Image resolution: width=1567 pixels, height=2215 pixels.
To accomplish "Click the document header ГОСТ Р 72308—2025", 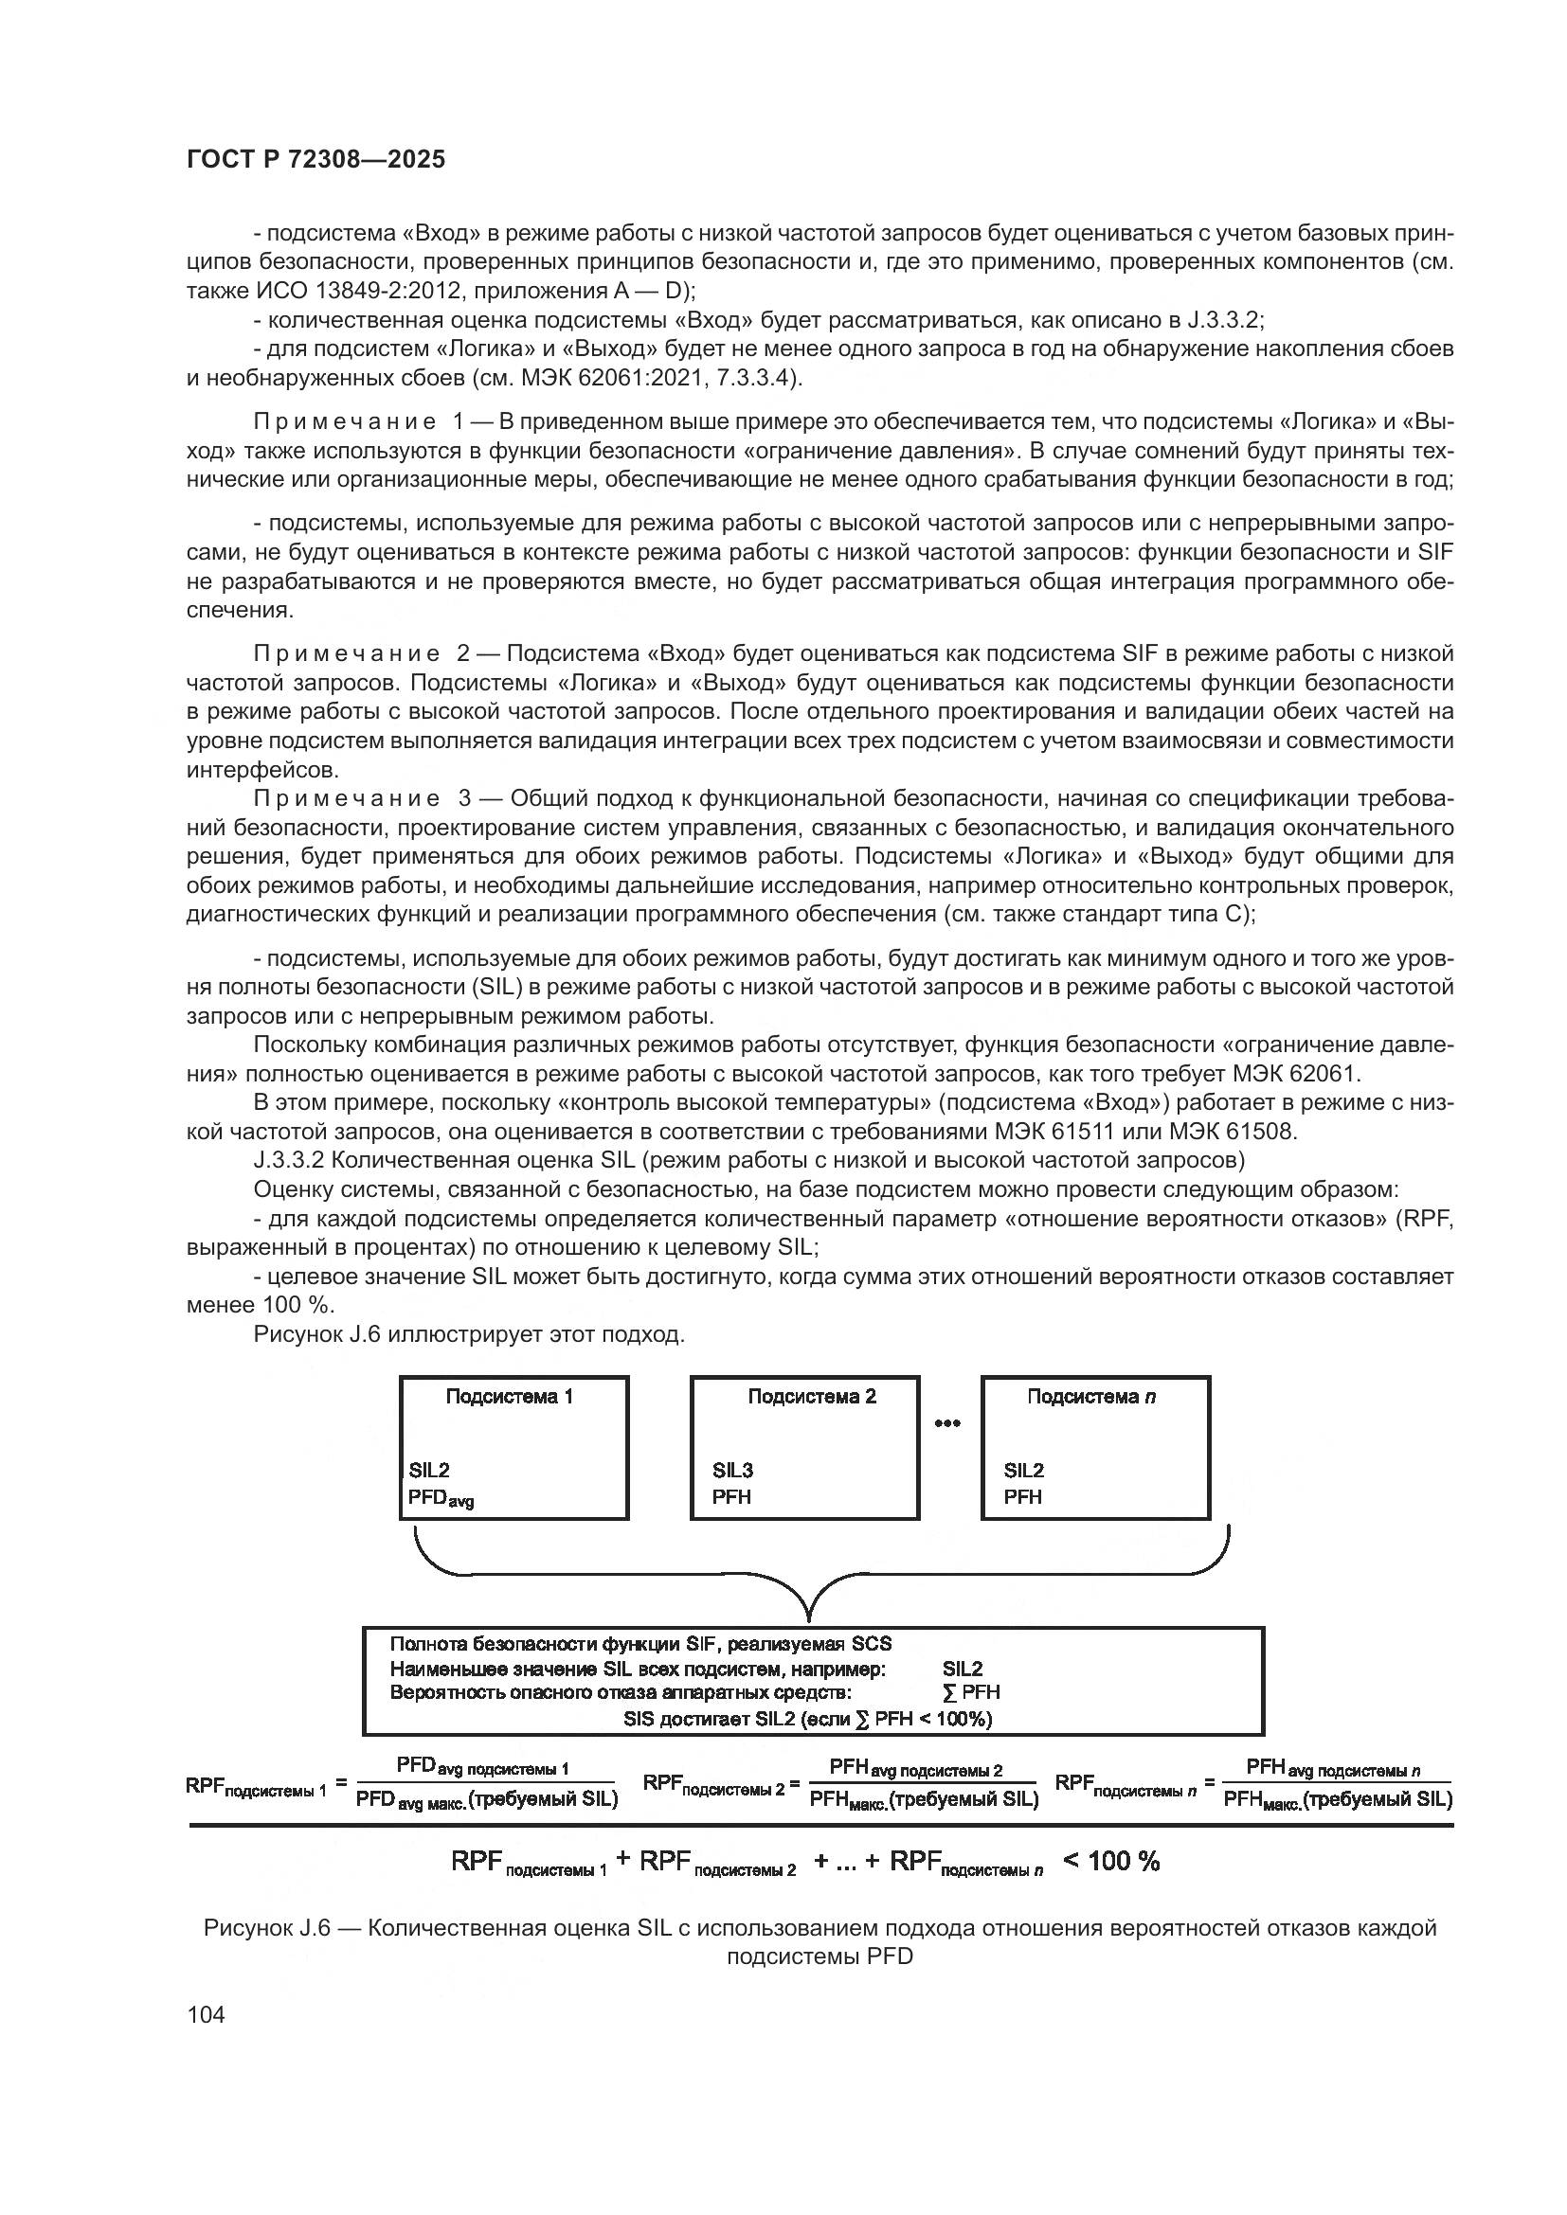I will [315, 160].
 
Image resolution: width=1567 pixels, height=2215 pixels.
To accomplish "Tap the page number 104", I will [206, 2014].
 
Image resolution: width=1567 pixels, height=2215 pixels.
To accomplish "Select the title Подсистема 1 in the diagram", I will [510, 1397].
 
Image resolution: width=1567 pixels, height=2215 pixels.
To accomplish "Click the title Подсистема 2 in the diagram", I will [812, 1397].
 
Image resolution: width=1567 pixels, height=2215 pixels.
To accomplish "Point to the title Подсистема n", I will [1091, 1397].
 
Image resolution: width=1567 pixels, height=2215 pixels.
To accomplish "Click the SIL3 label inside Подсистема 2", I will [732, 1471].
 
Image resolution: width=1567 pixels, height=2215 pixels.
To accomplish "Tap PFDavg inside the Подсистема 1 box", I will [440, 1498].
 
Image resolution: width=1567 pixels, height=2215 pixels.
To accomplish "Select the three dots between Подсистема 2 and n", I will [946, 1424].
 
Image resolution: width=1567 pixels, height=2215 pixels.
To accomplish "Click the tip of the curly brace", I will [808, 1617].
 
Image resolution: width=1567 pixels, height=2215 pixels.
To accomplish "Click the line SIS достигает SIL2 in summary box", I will [807, 1718].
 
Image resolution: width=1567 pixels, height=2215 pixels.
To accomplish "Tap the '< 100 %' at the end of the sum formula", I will [1110, 1862].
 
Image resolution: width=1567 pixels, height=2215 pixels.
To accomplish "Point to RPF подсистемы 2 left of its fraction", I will [713, 1785].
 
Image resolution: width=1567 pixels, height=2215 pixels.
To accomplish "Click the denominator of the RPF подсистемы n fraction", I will [1338, 1799].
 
